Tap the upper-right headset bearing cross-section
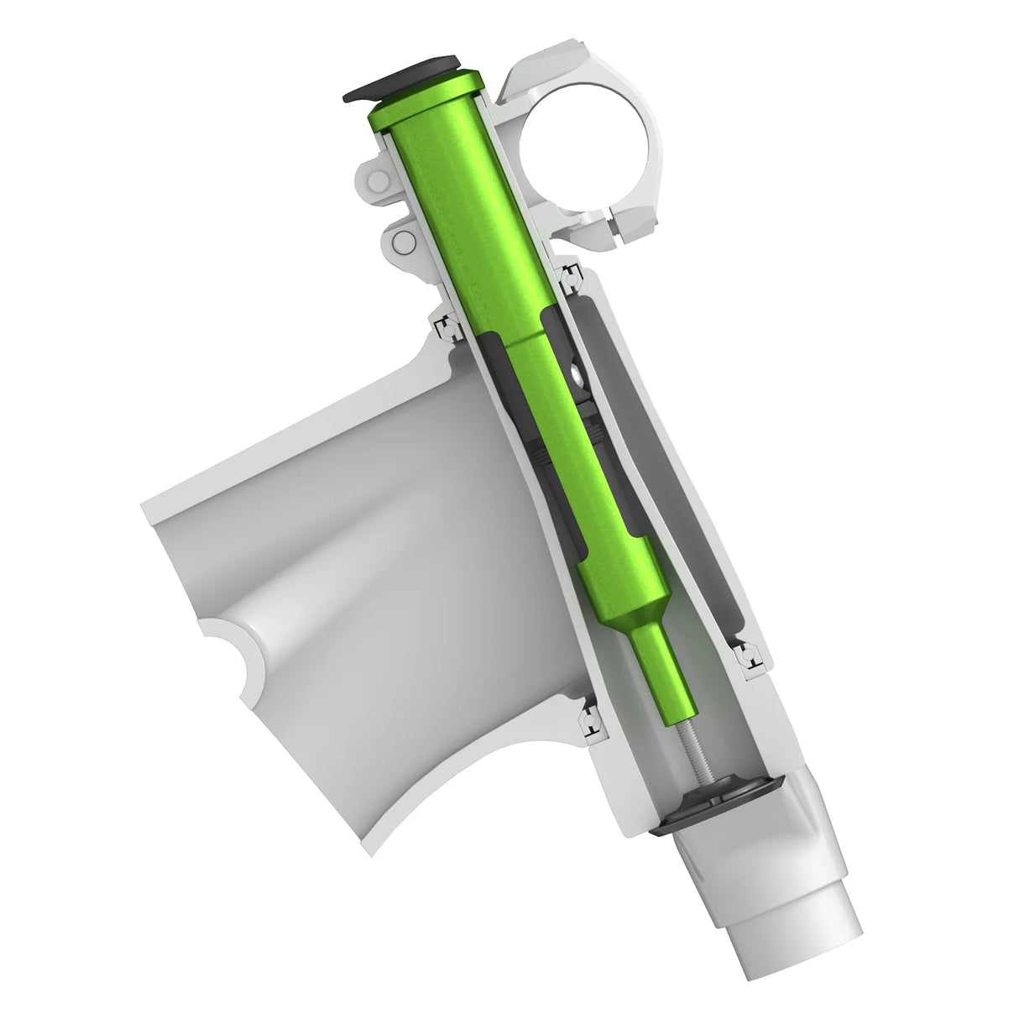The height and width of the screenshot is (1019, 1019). (x=570, y=276)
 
